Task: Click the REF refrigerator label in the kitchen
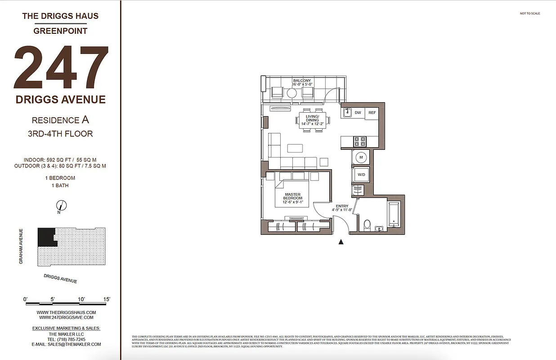click(372, 112)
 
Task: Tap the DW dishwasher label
click(358, 112)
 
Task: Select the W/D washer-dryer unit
click(361, 174)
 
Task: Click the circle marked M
click(361, 157)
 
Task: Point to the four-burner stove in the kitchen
click(360, 142)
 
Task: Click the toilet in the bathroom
click(367, 224)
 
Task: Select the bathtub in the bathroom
click(394, 214)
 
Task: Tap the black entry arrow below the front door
click(341, 242)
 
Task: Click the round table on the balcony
click(292, 93)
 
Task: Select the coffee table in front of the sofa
click(295, 148)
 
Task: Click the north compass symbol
click(62, 206)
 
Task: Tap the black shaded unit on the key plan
click(46, 237)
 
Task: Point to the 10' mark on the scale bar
click(81, 299)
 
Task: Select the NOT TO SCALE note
click(529, 13)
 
